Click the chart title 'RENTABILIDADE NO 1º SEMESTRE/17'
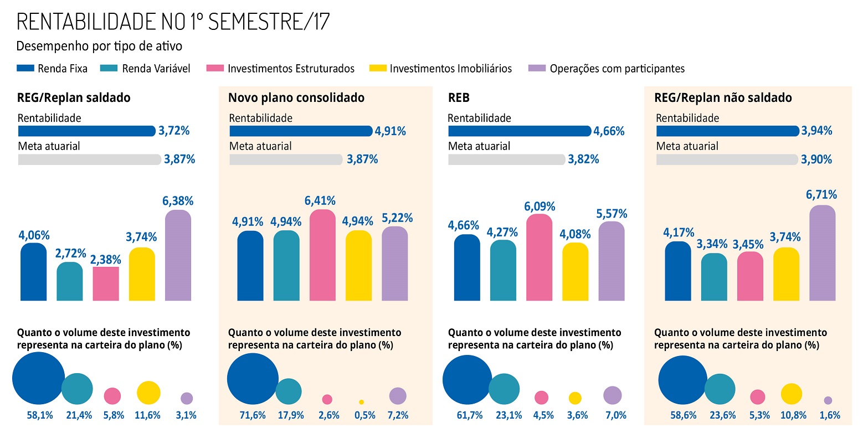(x=173, y=22)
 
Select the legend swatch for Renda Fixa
(x=25, y=69)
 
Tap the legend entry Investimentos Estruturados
(x=291, y=69)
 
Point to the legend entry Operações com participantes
(x=617, y=69)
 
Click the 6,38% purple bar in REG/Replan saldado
(x=178, y=256)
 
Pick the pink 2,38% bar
(x=106, y=283)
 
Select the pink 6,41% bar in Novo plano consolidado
(x=322, y=256)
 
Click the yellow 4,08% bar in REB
(x=575, y=272)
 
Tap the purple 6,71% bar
(x=822, y=253)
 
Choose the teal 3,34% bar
(x=714, y=277)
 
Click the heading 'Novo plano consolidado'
(x=296, y=98)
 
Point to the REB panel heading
(x=459, y=98)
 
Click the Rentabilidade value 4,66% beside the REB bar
(x=609, y=131)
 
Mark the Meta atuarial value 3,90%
(x=816, y=159)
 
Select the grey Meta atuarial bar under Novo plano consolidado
(x=286, y=159)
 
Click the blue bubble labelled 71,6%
(x=253, y=379)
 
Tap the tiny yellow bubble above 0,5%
(x=361, y=402)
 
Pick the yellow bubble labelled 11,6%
(x=148, y=393)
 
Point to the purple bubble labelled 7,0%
(x=612, y=395)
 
